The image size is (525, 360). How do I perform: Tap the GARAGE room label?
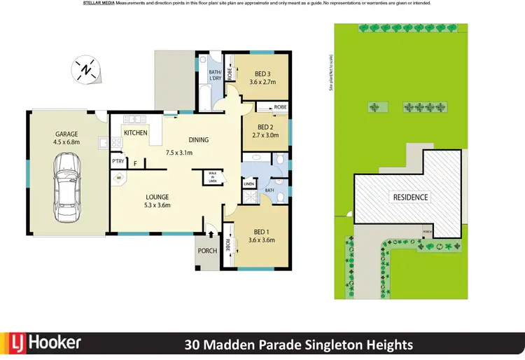(x=67, y=134)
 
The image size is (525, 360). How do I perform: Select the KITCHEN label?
(x=135, y=132)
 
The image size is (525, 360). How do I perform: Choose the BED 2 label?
(x=264, y=127)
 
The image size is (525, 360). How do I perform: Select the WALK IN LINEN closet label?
(x=211, y=178)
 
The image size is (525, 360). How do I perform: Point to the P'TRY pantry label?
(x=118, y=162)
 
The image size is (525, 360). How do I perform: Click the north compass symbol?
(x=85, y=70)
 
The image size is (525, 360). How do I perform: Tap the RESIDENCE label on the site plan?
(x=409, y=198)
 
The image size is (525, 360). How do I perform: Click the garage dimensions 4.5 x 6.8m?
(x=67, y=142)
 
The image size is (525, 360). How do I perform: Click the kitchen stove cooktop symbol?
(x=116, y=144)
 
